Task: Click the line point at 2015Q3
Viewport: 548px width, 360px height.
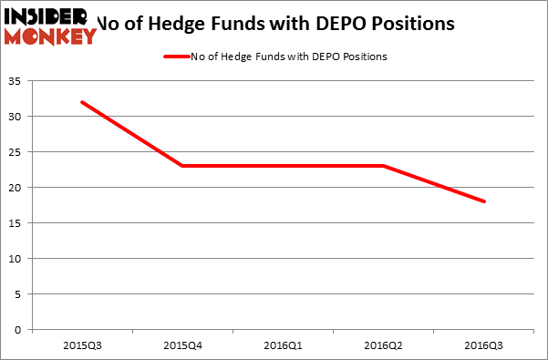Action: (x=82, y=101)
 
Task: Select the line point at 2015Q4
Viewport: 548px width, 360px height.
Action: (x=182, y=166)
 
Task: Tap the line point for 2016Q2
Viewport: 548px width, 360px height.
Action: (x=384, y=166)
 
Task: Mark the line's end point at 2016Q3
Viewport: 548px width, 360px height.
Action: (x=484, y=201)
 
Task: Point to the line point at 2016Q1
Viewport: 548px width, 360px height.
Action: (x=283, y=166)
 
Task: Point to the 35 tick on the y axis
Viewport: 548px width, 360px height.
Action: (x=19, y=81)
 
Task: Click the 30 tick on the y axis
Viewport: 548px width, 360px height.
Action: (x=19, y=117)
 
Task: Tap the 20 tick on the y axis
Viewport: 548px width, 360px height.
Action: (x=19, y=188)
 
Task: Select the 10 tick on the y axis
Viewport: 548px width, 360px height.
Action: (x=19, y=259)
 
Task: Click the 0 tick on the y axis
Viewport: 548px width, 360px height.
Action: (x=22, y=330)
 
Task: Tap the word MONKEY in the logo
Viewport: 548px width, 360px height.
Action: (x=50, y=36)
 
